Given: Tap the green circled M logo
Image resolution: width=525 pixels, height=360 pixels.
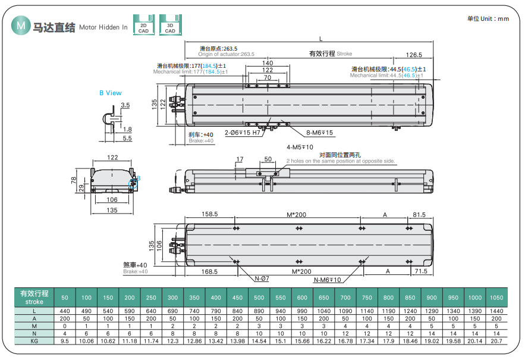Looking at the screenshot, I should point(21,26).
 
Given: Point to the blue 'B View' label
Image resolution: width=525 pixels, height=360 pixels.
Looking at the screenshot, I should point(111,93).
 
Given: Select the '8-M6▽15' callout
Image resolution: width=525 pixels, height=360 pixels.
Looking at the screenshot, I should point(320,132).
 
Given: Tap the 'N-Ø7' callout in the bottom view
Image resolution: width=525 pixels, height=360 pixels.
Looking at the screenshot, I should point(262,279).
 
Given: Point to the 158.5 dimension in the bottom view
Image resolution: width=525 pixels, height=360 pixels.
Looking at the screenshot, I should point(210,214).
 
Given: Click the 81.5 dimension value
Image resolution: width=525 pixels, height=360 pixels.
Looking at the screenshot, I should point(419,214).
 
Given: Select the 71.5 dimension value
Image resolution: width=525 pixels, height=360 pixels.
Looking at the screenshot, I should point(420,271).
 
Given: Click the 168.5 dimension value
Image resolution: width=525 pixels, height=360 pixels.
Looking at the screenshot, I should point(209,271).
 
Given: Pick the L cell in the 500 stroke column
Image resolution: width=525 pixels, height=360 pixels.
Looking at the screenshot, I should point(259,311).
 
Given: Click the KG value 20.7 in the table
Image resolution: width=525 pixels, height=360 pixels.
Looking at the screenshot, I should point(496,342).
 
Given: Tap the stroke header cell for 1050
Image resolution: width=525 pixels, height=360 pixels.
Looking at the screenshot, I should point(496,297).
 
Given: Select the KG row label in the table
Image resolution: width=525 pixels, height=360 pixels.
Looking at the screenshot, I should point(34,342).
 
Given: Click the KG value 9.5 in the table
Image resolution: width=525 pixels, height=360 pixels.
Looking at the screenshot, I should point(65,342).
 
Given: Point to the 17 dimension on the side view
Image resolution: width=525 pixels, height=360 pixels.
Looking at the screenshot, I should point(240,159).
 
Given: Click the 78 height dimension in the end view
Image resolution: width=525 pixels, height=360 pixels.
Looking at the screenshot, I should point(74,180).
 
